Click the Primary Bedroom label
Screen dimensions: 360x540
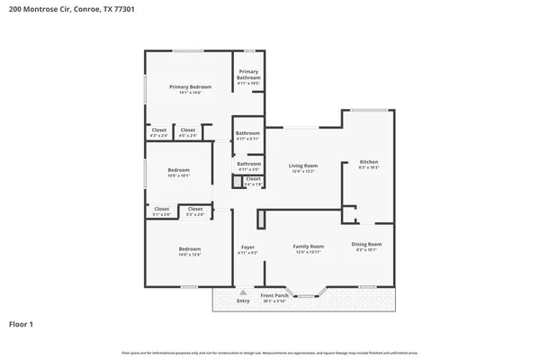pos(190,85)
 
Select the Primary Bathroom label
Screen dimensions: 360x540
pos(248,75)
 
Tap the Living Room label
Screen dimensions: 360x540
pos(303,165)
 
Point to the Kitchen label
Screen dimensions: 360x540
pos(369,161)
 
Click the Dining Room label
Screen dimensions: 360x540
pos(366,244)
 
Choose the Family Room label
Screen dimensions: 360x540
pos(308,246)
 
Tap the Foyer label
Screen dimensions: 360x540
pos(247,247)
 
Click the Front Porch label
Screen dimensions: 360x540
pos(274,295)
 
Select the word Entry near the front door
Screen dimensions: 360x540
pos(243,301)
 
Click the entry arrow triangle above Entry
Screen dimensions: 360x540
pos(243,292)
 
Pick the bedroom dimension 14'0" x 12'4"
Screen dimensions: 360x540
pos(189,255)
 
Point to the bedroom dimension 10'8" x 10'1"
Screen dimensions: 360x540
pos(178,176)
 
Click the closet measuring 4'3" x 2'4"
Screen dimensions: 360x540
pos(159,136)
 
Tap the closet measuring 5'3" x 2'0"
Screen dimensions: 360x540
pos(194,214)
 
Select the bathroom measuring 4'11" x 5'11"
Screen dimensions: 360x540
pos(248,139)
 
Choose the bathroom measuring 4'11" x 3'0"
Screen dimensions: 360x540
pos(248,169)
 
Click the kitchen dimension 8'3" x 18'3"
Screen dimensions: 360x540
pos(369,167)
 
